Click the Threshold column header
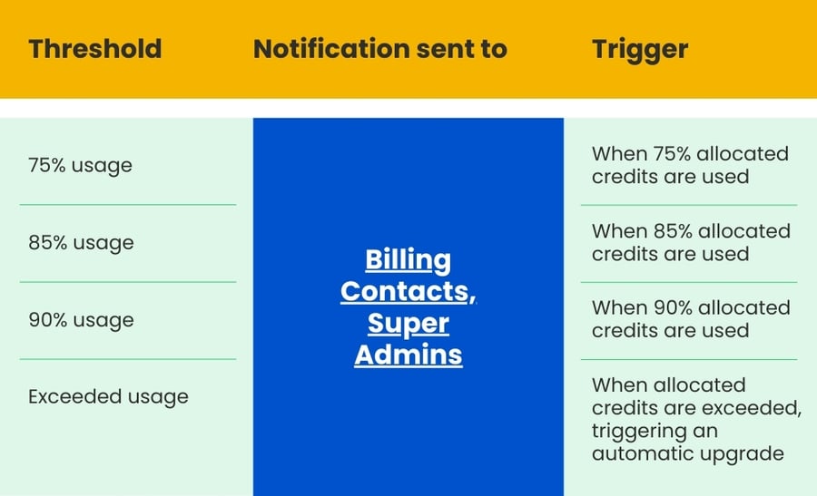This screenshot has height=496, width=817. pos(94,49)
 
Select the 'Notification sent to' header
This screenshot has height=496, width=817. pos(380,49)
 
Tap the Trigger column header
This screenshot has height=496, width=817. pos(640,49)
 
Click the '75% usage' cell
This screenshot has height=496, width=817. pos(80,165)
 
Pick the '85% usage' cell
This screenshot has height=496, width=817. pos(80,242)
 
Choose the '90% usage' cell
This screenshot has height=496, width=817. pos(80,319)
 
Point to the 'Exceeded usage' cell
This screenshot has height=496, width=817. pos(108,396)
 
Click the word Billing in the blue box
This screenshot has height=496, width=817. pos(408,261)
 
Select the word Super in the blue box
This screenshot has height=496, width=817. pos(408,324)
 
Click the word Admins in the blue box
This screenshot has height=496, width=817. pos(408,355)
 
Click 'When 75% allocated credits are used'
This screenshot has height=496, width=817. pos(690,165)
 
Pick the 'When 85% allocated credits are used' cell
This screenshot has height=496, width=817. pos(690,242)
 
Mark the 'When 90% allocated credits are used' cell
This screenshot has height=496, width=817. pos(690,319)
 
